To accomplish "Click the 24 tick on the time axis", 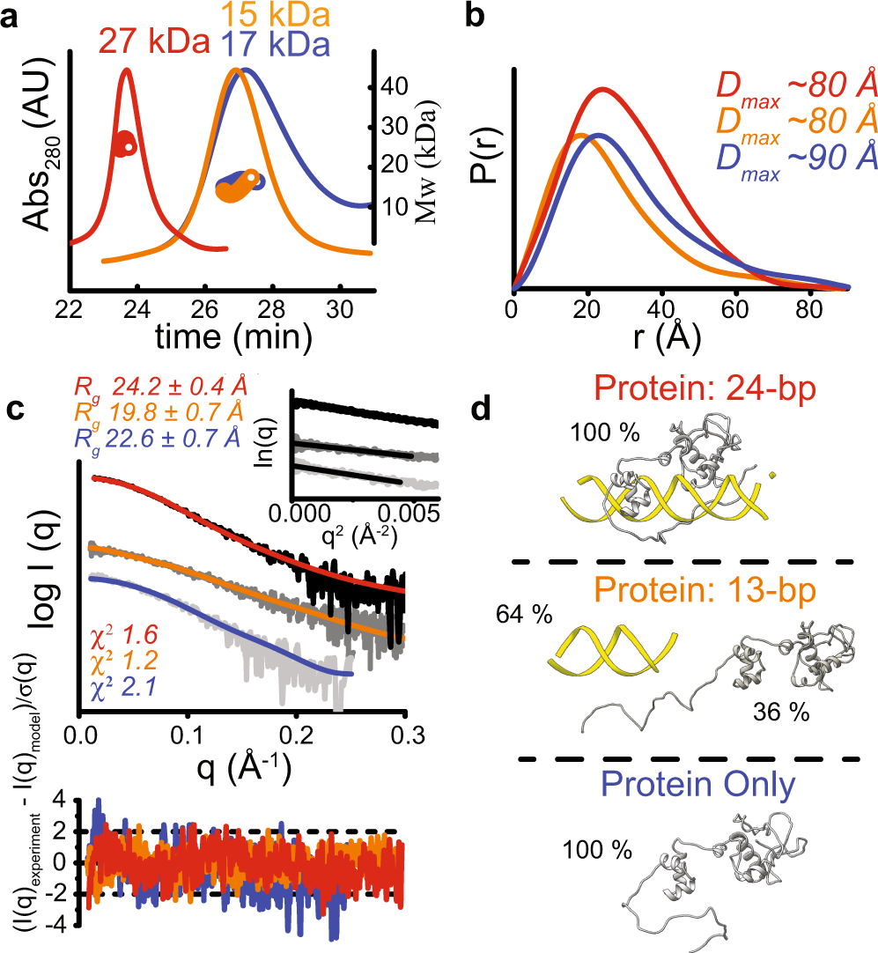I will click(x=136, y=309).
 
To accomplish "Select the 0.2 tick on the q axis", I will click(x=296, y=735).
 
